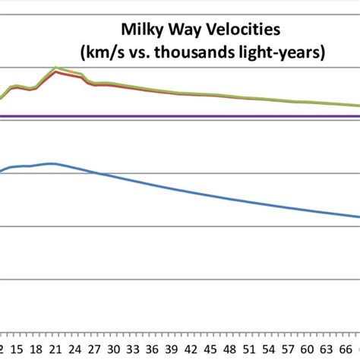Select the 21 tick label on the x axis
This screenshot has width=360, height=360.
54,350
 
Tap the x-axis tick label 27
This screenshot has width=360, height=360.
93,350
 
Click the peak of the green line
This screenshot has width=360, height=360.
55,68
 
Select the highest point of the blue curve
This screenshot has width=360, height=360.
52,163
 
